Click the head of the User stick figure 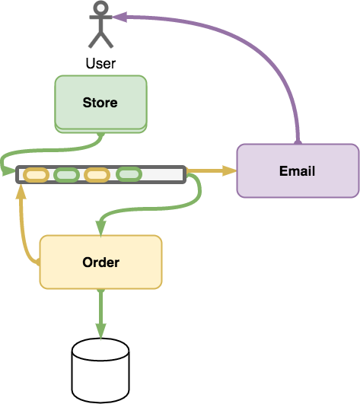point(100,7)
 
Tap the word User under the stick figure point(100,63)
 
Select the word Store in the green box point(100,103)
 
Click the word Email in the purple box point(297,171)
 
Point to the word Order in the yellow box point(100,262)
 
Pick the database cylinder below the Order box point(100,371)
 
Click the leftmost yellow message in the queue point(36,175)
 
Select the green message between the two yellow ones point(66,175)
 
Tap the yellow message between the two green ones point(97,175)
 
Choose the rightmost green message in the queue point(129,174)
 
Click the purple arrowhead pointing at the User point(119,17)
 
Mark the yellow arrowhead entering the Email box point(229,170)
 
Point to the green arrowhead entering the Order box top point(100,229)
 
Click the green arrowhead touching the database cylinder point(100,331)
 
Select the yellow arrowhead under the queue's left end point(21,191)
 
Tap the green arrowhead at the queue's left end point(8,171)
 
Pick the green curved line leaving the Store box point(52,150)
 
